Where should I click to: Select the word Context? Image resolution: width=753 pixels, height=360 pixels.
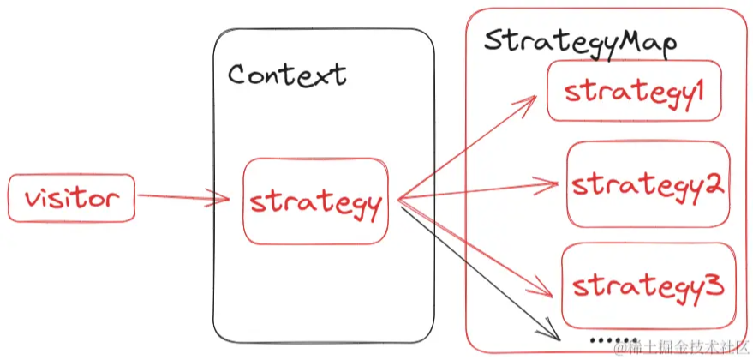(287, 75)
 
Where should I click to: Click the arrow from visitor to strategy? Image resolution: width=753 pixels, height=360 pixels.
(184, 197)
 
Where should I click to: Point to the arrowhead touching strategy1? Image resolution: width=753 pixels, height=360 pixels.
(527, 101)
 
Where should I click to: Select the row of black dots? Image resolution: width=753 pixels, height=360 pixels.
(613, 340)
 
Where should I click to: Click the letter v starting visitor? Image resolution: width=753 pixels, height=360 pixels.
(33, 199)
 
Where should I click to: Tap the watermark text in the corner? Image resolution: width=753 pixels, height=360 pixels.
(681, 347)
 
